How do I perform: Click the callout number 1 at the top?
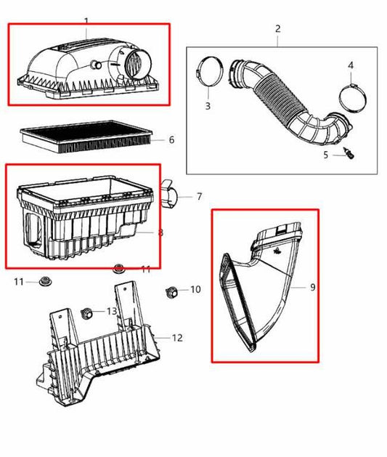(86, 22)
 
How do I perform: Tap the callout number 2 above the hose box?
(277, 29)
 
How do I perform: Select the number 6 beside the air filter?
(171, 139)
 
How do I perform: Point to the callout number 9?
(313, 287)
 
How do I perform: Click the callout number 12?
(176, 338)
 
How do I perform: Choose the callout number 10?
(195, 290)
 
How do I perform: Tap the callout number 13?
(111, 311)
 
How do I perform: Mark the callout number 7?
(199, 196)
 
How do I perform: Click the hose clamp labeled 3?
(208, 73)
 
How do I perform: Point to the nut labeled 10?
(172, 292)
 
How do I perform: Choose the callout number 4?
(351, 65)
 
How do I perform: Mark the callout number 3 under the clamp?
(207, 106)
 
